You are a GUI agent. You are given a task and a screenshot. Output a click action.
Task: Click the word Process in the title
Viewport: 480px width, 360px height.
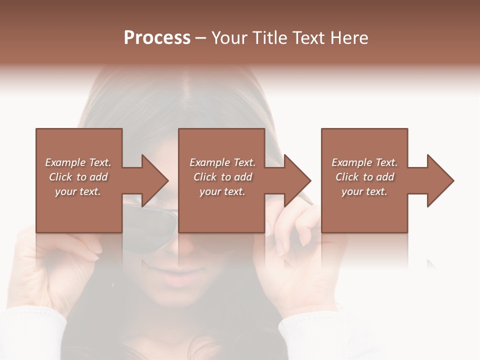pos(157,38)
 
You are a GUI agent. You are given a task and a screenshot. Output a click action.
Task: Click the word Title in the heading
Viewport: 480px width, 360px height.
pos(269,38)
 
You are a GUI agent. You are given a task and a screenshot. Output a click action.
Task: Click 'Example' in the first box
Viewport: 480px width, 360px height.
pos(65,162)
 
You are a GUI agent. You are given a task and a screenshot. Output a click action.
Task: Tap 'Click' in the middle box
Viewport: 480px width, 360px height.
pos(205,177)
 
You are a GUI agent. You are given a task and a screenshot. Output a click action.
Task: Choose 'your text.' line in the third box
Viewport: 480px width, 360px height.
pos(364,191)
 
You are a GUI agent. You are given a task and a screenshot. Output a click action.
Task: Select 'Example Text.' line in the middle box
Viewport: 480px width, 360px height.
pos(222,162)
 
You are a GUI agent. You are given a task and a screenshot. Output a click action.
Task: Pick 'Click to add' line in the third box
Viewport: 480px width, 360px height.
pos(364,177)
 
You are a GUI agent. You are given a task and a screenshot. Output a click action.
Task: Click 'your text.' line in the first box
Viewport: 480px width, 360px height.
pos(78,191)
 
